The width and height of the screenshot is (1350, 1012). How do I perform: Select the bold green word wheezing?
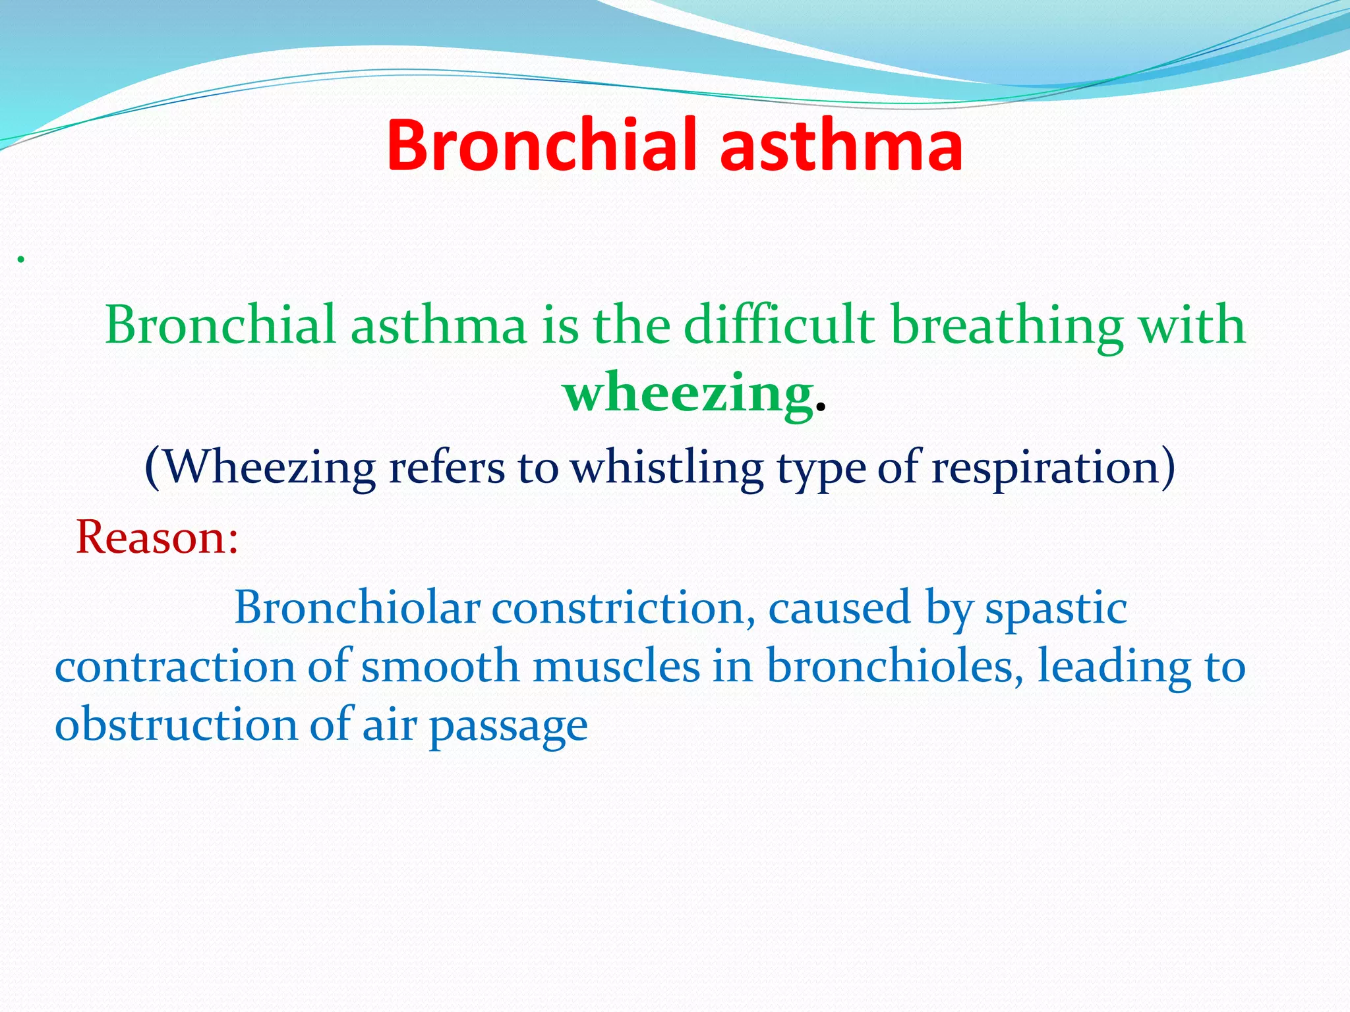pyautogui.click(x=688, y=394)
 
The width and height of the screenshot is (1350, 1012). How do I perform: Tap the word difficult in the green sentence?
pyautogui.click(x=778, y=324)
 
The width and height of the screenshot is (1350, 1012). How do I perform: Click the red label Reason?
pyautogui.click(x=157, y=537)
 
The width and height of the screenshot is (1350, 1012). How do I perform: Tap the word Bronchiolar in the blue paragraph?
pyautogui.click(x=357, y=607)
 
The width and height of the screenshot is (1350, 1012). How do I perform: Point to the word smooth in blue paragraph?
pyautogui.click(x=440, y=665)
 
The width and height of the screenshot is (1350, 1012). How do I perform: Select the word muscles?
pyautogui.click(x=616, y=665)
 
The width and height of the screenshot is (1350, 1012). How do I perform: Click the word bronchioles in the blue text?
pyautogui.click(x=894, y=665)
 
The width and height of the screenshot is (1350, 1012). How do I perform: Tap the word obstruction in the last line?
pyautogui.click(x=176, y=724)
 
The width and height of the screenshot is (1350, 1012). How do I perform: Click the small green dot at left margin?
pyautogui.click(x=21, y=260)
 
